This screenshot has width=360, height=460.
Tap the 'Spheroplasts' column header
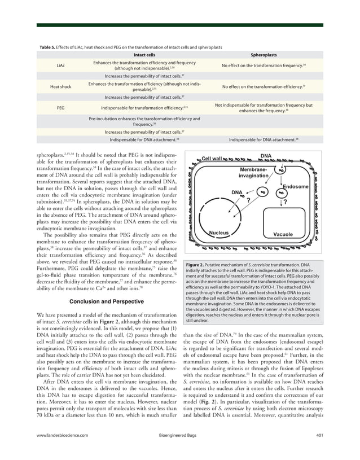point(263,55)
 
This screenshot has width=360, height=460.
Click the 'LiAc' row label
point(61,65)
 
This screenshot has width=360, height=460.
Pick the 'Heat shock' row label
point(61,87)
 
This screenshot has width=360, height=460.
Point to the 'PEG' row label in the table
point(61,108)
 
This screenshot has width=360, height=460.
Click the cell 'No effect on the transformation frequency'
point(263,65)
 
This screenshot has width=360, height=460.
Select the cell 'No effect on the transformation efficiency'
point(263,87)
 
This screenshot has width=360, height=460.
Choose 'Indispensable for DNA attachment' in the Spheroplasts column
point(264,139)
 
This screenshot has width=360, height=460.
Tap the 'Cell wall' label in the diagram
point(212,159)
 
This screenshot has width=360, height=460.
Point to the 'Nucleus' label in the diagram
point(218,233)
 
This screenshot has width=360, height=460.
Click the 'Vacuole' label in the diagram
point(282,234)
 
